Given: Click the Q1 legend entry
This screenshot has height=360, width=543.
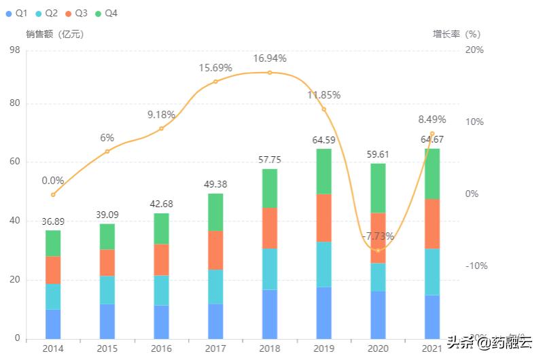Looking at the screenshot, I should tap(18, 13).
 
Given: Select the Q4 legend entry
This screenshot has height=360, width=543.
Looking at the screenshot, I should tap(106, 13).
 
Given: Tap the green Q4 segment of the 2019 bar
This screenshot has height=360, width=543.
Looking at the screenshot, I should tap(323, 171).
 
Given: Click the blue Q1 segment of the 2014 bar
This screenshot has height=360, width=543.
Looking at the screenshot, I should tap(53, 323).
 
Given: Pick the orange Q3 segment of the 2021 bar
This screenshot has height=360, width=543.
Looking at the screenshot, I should tap(432, 223).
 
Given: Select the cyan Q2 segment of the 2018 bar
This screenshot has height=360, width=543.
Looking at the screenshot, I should tap(270, 269).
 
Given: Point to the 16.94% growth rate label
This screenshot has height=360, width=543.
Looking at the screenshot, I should tap(270, 58).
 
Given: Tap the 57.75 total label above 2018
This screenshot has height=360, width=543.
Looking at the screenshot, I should tap(270, 160).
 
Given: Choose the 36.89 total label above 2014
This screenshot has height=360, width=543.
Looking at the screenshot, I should tap(53, 221).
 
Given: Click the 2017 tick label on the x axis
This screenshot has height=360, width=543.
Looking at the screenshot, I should tap(215, 348).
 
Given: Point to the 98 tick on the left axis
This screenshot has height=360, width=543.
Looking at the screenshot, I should tap(14, 50).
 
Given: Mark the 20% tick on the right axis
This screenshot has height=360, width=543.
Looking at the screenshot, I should tap(474, 50).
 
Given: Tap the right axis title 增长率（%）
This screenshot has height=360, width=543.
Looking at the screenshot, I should tap(457, 33).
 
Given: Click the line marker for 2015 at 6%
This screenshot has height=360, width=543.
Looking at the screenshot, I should tap(107, 151).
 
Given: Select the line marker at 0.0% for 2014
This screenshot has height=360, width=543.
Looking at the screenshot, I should tap(53, 195).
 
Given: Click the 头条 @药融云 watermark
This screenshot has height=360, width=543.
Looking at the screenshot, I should tap(489, 342).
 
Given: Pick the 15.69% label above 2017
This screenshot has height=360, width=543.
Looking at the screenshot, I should tap(215, 68).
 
